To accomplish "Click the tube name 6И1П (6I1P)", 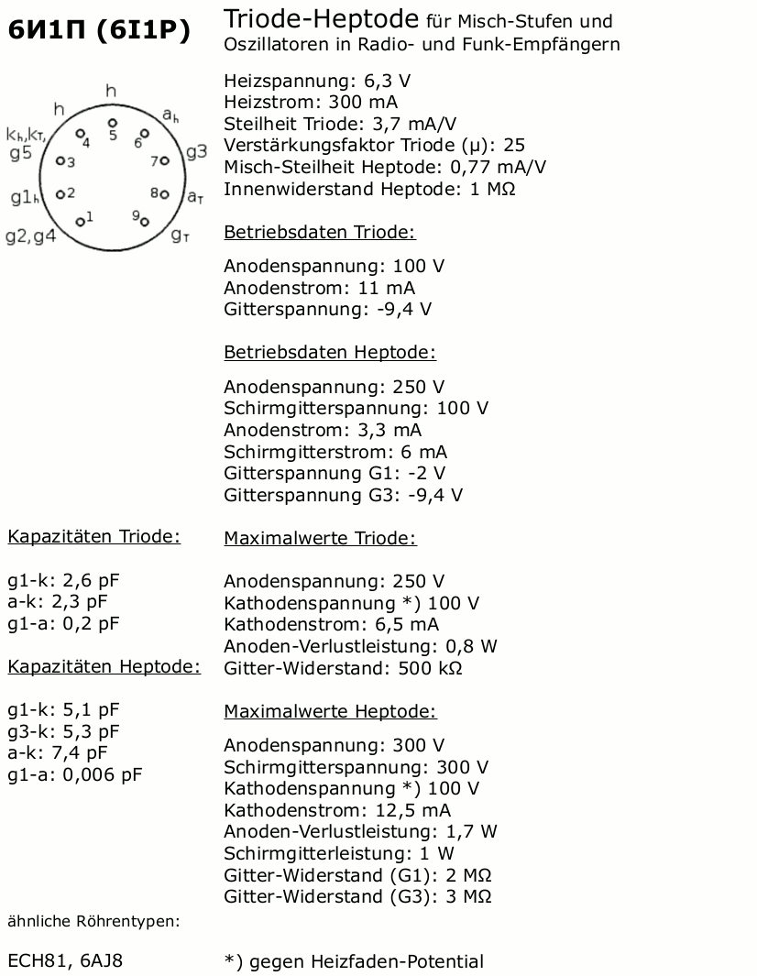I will pos(99,31).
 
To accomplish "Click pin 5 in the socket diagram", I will pos(112,122).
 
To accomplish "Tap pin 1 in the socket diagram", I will pos(79,221).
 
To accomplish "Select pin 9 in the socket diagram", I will pos(145,221).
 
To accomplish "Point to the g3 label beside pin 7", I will pos(196,151).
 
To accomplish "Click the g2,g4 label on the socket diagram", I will pos(30,236).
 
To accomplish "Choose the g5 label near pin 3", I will pos(20,153).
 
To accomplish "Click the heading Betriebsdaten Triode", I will pos(319,233).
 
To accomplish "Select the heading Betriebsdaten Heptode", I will pos(329,352).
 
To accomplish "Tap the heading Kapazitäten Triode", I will pos(93,537).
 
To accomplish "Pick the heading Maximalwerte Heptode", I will pos(330,711).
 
